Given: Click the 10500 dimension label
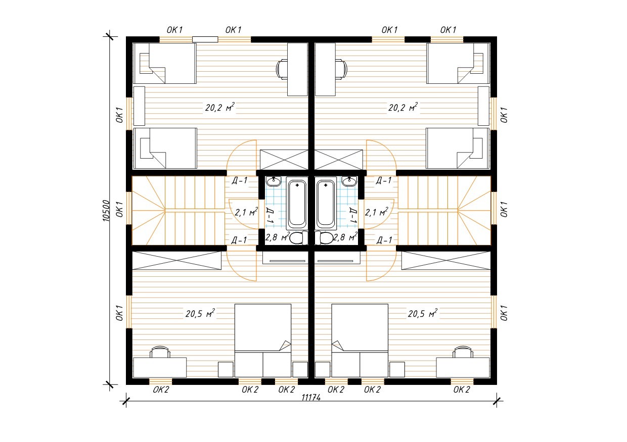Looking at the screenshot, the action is [106, 211].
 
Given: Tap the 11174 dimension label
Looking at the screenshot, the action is [311, 398].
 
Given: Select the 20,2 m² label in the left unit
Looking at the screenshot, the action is [220, 107].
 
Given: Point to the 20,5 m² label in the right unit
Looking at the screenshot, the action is [422, 313].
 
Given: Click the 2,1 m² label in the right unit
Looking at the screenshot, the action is [376, 212].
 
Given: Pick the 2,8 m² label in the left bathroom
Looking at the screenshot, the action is [277, 237].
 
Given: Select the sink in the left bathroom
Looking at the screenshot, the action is [274, 181].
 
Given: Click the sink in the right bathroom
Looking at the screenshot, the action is [349, 181].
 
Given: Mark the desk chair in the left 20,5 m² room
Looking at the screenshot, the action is [160, 352].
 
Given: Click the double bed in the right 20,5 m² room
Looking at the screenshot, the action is [360, 340].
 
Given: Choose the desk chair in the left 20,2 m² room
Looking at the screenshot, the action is [282, 69].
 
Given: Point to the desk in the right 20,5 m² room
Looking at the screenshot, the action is [463, 367].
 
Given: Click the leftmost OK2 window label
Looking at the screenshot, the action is [161, 389].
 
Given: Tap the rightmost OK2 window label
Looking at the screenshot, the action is [462, 389].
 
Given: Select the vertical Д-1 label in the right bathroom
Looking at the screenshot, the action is [353, 215].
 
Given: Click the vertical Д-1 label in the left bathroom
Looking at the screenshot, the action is [270, 215].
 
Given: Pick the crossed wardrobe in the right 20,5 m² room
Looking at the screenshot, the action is [446, 260].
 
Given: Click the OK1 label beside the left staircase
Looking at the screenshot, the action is [119, 209].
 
